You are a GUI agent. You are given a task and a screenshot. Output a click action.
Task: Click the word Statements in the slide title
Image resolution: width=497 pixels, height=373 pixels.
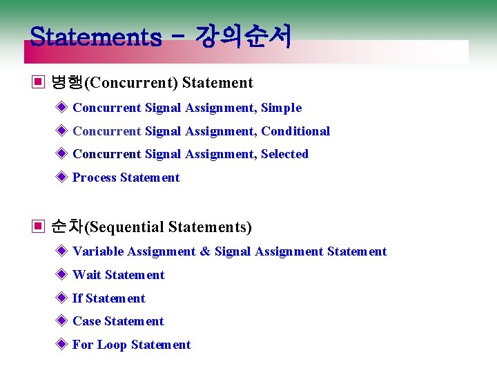pyautogui.click(x=96, y=36)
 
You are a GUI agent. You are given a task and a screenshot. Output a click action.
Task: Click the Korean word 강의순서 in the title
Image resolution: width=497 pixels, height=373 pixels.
pyautogui.click(x=243, y=36)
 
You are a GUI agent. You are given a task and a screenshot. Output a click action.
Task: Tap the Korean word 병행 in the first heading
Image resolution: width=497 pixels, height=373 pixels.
pyautogui.click(x=67, y=83)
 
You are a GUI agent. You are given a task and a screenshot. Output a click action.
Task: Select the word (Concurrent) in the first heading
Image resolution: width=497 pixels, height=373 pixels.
pyautogui.click(x=130, y=83)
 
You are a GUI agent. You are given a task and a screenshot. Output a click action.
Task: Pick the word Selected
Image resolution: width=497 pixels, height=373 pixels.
pyautogui.click(x=284, y=154)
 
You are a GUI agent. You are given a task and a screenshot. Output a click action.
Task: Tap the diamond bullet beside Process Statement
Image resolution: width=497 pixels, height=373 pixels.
pyautogui.click(x=61, y=178)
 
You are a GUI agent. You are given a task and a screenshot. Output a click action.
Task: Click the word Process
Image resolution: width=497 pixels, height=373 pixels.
pyautogui.click(x=95, y=178)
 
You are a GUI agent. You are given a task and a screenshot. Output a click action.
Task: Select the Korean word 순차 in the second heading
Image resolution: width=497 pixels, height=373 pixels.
pyautogui.click(x=67, y=227)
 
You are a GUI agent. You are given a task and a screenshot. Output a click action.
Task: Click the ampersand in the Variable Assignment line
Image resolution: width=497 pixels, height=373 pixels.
pyautogui.click(x=205, y=251)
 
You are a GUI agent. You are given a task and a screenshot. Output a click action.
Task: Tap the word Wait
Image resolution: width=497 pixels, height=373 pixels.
pyautogui.click(x=87, y=275)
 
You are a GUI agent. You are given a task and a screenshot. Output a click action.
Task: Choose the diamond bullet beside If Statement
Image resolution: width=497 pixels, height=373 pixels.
pyautogui.click(x=61, y=298)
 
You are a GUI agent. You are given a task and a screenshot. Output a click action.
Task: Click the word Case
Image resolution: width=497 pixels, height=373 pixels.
pyautogui.click(x=87, y=321)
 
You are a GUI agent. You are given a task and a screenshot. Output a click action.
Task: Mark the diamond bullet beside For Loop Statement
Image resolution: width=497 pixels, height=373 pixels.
pyautogui.click(x=61, y=345)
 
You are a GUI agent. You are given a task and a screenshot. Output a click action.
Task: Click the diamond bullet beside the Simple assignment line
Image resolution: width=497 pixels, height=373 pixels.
pyautogui.click(x=61, y=108)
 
